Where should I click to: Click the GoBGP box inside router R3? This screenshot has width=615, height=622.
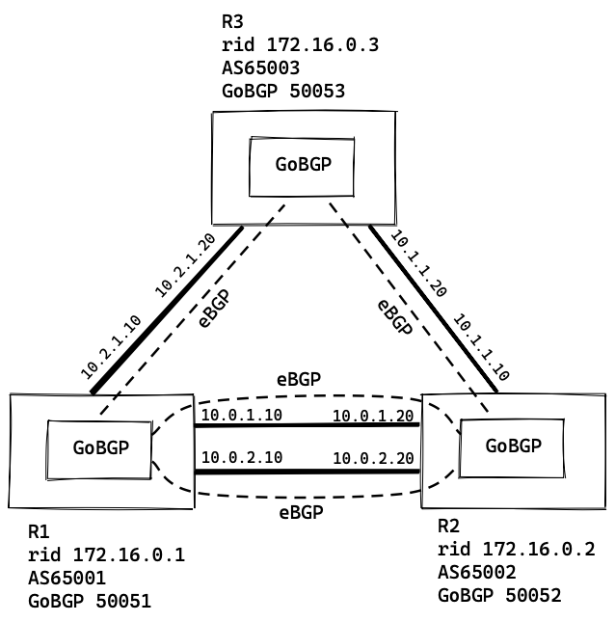pyautogui.click(x=302, y=164)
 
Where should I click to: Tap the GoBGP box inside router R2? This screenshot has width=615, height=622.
pyautogui.click(x=512, y=446)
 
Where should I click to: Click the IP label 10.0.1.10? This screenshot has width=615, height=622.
pyautogui.click(x=239, y=416)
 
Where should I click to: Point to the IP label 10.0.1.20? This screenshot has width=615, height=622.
pyautogui.click(x=373, y=416)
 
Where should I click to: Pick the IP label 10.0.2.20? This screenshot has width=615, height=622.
pyautogui.click(x=373, y=458)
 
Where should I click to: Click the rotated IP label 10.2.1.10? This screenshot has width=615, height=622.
pyautogui.click(x=111, y=345)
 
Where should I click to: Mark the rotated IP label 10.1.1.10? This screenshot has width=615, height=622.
pyautogui.click(x=481, y=345)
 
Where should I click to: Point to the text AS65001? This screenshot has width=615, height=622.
pyautogui.click(x=67, y=578)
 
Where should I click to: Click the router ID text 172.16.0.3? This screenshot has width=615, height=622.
pyautogui.click(x=294, y=43)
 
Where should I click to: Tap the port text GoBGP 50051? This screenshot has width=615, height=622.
pyautogui.click(x=89, y=602)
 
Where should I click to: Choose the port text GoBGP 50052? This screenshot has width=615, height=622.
pyautogui.click(x=498, y=595)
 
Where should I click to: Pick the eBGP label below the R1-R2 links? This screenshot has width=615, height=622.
pyautogui.click(x=301, y=511)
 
